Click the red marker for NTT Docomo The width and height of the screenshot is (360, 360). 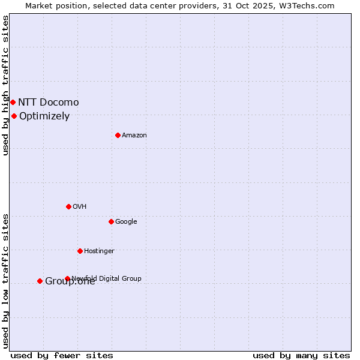point(13,102)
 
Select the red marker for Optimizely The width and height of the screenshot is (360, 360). point(14,116)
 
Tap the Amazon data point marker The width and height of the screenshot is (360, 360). point(118,135)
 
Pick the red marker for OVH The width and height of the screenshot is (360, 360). point(68,206)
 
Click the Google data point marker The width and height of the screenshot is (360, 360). point(111,221)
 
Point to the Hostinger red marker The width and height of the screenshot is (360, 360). point(80,251)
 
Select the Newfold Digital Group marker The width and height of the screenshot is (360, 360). point(67,278)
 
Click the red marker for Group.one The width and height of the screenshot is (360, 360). point(40,281)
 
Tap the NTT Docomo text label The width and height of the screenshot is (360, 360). point(48,102)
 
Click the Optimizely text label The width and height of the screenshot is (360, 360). point(44,116)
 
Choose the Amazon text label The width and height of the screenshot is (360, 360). point(134,135)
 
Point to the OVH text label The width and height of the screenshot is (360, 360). point(80,206)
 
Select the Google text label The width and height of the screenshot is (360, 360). point(126,221)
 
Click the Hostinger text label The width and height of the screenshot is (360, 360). point(99,251)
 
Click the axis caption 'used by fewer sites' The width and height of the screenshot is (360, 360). point(62,355)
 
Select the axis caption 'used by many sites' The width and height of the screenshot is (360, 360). point(301,355)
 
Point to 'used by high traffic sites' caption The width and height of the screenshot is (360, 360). point(5,85)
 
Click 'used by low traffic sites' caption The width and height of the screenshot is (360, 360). point(5,281)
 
